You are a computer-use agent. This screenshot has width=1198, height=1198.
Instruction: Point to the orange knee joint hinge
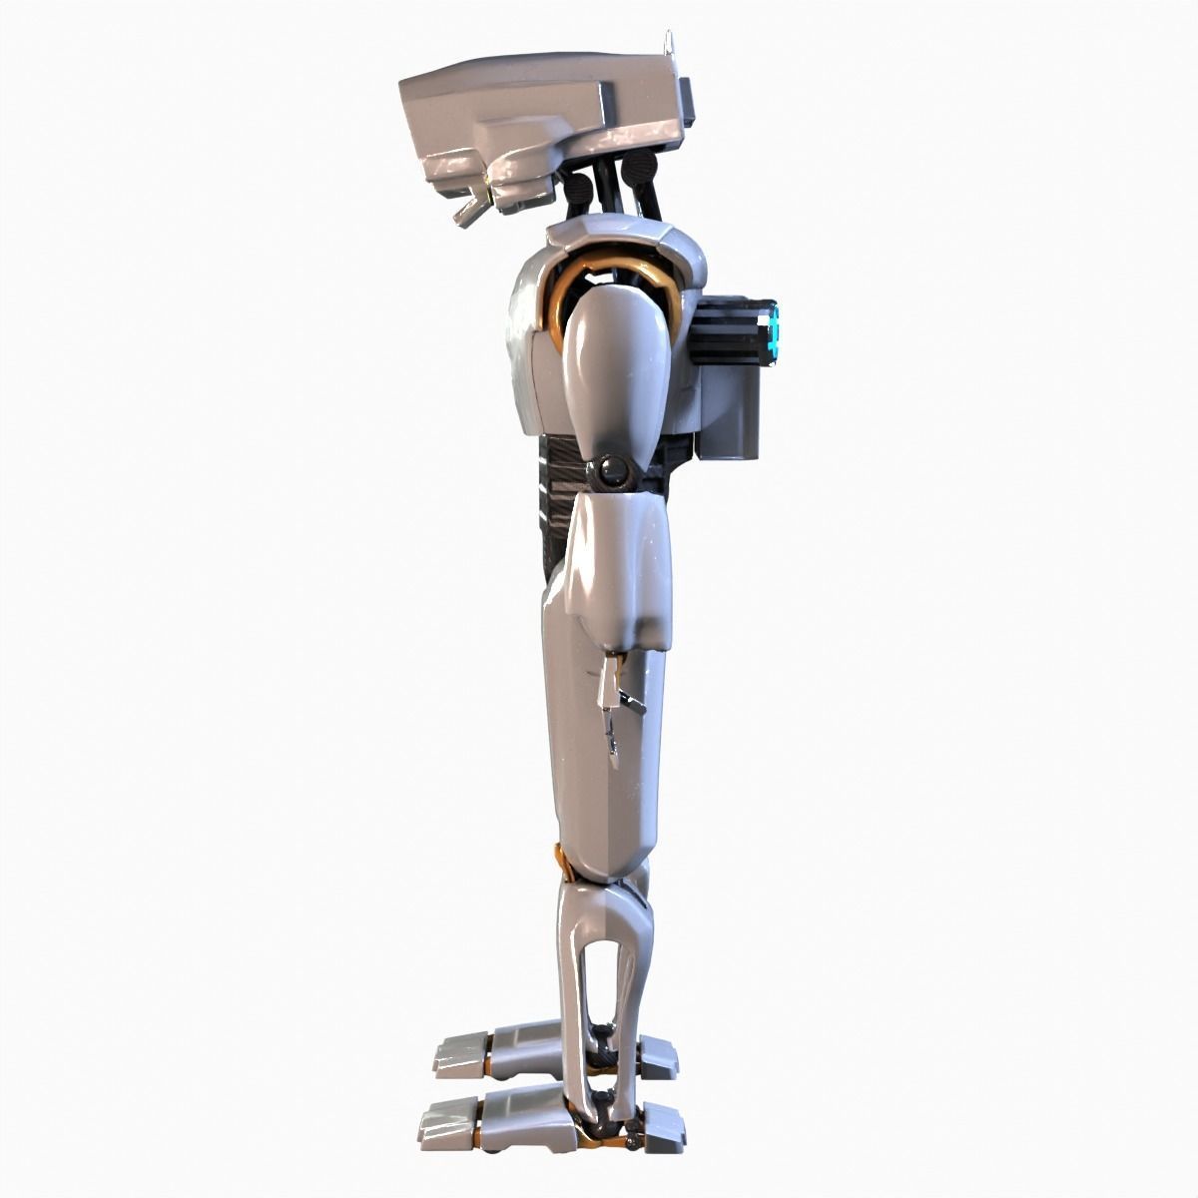pos(557,860)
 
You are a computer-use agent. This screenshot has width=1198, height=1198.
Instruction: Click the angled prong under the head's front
pos(467,211)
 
